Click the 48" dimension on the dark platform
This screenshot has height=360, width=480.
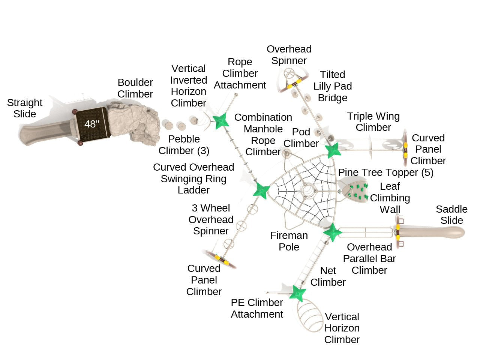click(x=91, y=124)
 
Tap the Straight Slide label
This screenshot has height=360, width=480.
click(x=25, y=108)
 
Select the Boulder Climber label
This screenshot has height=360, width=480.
click(x=135, y=88)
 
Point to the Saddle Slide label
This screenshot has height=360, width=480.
click(x=451, y=215)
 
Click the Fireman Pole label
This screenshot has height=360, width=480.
click(x=289, y=241)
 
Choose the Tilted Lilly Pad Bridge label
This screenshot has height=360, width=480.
click(x=333, y=86)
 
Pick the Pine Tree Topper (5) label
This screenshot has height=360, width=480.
click(x=385, y=172)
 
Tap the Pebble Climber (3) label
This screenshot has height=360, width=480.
click(x=184, y=145)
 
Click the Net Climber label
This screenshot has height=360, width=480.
click(x=328, y=276)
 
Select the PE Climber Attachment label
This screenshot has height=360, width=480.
click(x=257, y=308)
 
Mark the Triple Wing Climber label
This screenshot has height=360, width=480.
click(x=373, y=122)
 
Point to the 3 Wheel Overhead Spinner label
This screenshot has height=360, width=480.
click(x=211, y=219)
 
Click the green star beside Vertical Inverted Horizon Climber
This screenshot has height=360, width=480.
click(x=220, y=121)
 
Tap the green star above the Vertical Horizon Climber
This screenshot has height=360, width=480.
click(x=298, y=293)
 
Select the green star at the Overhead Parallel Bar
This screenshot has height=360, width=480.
click(x=332, y=232)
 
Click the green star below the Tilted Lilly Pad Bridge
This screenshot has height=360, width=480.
click(x=333, y=150)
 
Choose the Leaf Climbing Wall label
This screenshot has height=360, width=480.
click(x=390, y=198)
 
